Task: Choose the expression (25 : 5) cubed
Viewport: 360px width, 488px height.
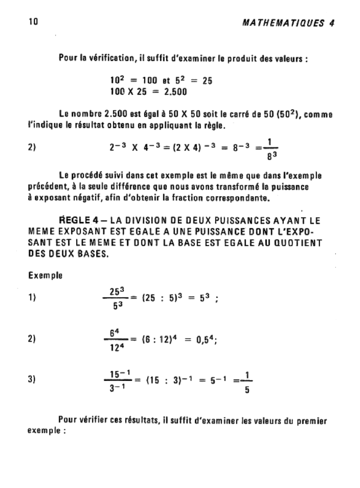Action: click(157, 298)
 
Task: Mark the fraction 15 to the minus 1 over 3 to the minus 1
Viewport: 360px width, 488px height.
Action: click(115, 380)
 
